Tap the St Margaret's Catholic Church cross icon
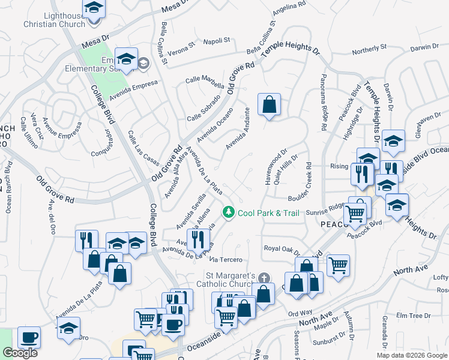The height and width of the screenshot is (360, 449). [x=265, y=277]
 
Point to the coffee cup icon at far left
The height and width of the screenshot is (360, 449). [x=29, y=337]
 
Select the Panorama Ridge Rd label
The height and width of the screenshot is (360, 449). [x=324, y=103]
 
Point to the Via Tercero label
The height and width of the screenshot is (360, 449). [x=226, y=259]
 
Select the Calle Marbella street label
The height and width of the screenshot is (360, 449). [x=204, y=79]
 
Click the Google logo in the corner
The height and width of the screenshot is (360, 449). [x=20, y=353]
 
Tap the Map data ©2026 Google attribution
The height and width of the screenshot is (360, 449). [x=412, y=355]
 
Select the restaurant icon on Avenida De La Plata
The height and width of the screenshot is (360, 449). [x=197, y=239]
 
